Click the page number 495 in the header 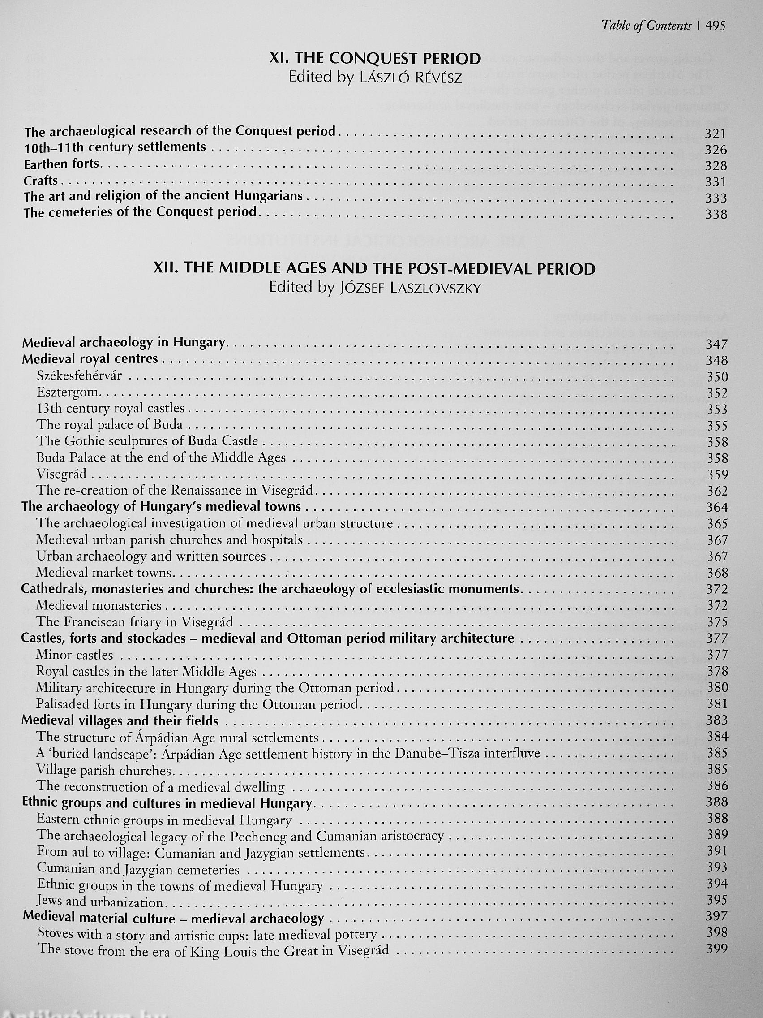715,26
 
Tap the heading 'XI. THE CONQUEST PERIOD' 375,58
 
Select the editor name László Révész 409,78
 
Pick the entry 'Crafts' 41,181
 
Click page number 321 715,134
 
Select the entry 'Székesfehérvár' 79,375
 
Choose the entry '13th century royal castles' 111,408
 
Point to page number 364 716,507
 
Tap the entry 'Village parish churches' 104,770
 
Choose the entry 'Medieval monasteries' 99,605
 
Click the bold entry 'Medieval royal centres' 90,358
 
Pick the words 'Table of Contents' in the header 646,26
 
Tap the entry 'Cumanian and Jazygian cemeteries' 138,869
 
